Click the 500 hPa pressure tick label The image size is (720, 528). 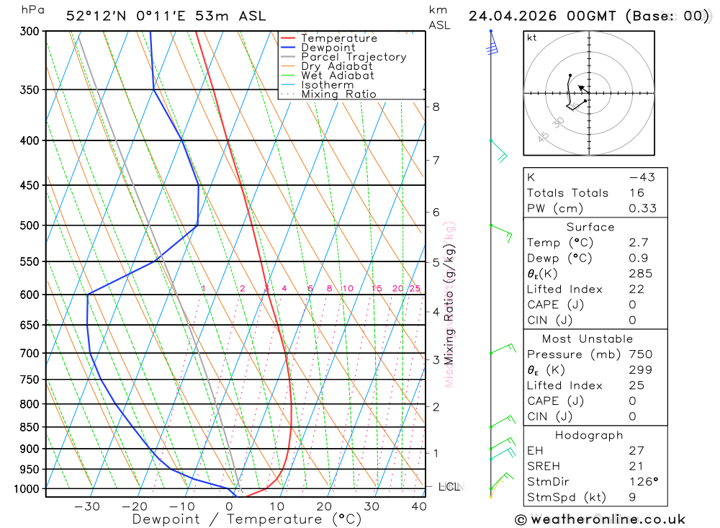coord(30,225)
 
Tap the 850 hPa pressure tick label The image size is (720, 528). coord(30,427)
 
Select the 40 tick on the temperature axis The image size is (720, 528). coord(418,506)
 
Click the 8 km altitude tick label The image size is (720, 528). coord(436,107)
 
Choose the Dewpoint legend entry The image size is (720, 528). coord(328,48)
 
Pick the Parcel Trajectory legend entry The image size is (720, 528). coord(354,57)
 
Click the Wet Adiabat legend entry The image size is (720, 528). coord(338,76)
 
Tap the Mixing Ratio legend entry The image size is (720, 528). coord(338,94)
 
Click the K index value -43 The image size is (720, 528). coord(641,177)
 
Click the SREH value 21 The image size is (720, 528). coord(636,466)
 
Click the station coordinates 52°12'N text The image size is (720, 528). coord(94,16)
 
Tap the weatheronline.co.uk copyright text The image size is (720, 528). coord(600,519)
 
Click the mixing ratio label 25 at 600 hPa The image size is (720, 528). coord(415,289)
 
